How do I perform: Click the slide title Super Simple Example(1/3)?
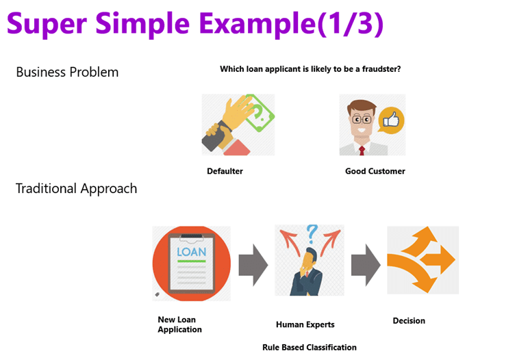pyautogui.click(x=195, y=25)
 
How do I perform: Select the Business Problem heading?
pyautogui.click(x=67, y=72)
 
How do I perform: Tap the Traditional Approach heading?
pyautogui.click(x=76, y=188)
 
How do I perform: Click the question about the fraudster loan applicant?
pyautogui.click(x=310, y=69)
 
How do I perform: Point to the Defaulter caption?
pyautogui.click(x=225, y=171)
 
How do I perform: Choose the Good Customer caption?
pyautogui.click(x=375, y=171)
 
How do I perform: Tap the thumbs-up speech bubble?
pyautogui.click(x=391, y=120)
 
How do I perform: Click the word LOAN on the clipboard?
pyautogui.click(x=191, y=252)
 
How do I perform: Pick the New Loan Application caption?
pyautogui.click(x=179, y=324)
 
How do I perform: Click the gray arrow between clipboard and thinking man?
pyautogui.click(x=253, y=263)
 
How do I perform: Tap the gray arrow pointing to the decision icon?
pyautogui.click(x=365, y=263)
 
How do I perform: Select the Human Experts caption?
pyautogui.click(x=305, y=324)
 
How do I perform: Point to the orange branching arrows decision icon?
pyautogui.click(x=422, y=260)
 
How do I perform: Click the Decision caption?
pyautogui.click(x=409, y=320)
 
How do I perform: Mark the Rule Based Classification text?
pyautogui.click(x=309, y=347)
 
